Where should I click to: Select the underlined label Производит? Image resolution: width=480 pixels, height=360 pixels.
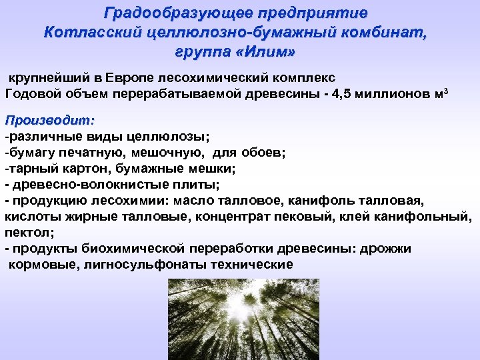pos(49,121)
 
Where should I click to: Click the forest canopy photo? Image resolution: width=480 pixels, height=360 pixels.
pos(241,318)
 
